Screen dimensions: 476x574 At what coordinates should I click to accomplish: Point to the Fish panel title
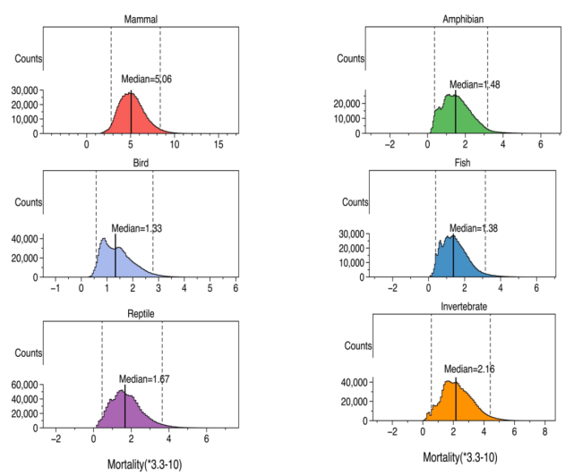pyautogui.click(x=462, y=163)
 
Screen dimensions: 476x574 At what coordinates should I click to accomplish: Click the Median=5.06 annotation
pyautogui.click(x=147, y=80)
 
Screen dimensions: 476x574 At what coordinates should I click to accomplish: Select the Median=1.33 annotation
pyautogui.click(x=137, y=228)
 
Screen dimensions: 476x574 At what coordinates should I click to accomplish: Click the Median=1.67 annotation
pyautogui.click(x=144, y=379)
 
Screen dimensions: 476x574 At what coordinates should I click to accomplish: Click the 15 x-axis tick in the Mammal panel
pyautogui.click(x=218, y=145)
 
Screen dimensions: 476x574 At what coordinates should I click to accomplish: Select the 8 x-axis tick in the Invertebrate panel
pyautogui.click(x=543, y=431)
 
